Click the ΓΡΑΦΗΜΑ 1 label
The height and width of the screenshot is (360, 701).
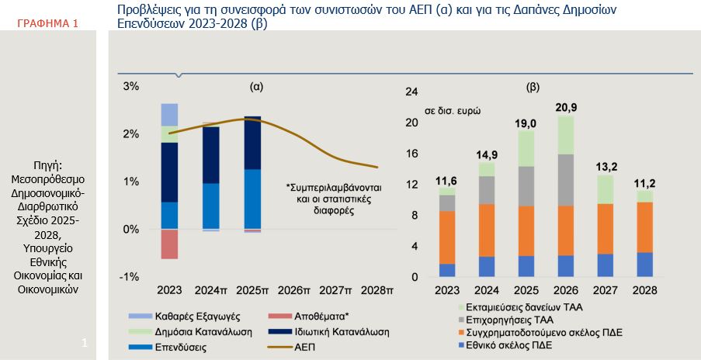[x=47, y=24]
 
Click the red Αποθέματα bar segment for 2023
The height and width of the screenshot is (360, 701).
[x=169, y=244]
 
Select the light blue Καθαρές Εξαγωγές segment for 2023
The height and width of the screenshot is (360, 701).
[x=169, y=114]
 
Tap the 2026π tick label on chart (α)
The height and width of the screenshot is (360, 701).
[x=294, y=290]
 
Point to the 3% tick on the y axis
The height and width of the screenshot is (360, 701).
[x=132, y=86]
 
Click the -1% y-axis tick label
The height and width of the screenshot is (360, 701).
[x=130, y=277]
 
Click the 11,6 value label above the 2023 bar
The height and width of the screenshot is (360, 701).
[x=447, y=180]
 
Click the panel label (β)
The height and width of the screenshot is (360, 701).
[x=533, y=87]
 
